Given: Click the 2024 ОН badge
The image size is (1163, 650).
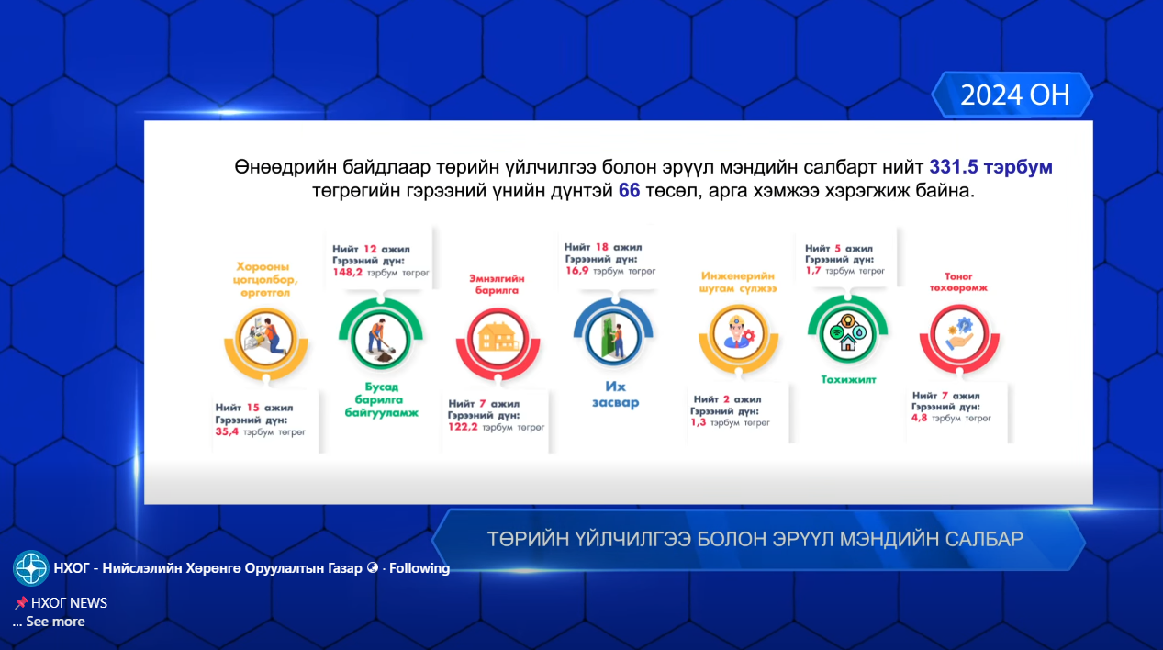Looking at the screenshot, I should click(1014, 95).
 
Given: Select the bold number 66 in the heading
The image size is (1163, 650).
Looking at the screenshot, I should click(629, 192).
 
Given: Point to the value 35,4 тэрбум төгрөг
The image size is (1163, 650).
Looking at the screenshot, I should click(261, 431).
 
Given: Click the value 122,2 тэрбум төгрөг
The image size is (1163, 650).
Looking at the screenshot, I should click(496, 428).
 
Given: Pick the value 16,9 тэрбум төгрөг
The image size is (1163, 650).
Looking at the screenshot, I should click(610, 272).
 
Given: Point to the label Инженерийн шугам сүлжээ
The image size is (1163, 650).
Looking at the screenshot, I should click(738, 282).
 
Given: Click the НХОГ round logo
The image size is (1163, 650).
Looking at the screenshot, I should click(31, 568).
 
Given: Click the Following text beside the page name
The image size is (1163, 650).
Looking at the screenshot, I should click(419, 568).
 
